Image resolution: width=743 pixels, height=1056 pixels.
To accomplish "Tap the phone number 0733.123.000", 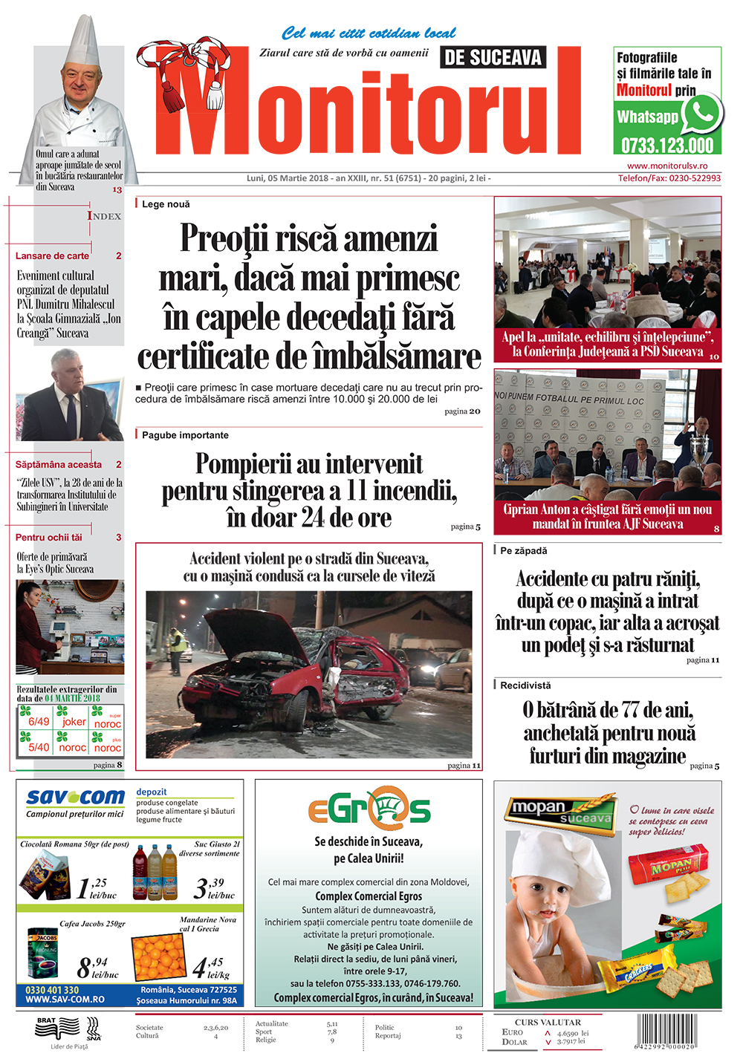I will (667, 145).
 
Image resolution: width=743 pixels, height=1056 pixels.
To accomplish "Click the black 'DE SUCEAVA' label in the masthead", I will (493, 57).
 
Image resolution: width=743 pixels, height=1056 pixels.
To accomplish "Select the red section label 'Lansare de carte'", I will (52, 255).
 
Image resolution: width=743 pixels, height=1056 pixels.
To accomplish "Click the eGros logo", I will (369, 807).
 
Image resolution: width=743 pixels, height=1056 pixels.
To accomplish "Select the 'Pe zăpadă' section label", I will (523, 551).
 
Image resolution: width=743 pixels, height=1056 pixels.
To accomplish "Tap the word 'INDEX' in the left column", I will (104, 216).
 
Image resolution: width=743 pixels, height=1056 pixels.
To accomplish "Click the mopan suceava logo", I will (560, 811).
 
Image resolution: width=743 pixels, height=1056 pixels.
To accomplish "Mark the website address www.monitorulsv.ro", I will (667, 166).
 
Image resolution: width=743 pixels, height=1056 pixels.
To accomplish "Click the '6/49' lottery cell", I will (39, 721).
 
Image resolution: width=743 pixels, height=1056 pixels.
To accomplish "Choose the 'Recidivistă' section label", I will (525, 685).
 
